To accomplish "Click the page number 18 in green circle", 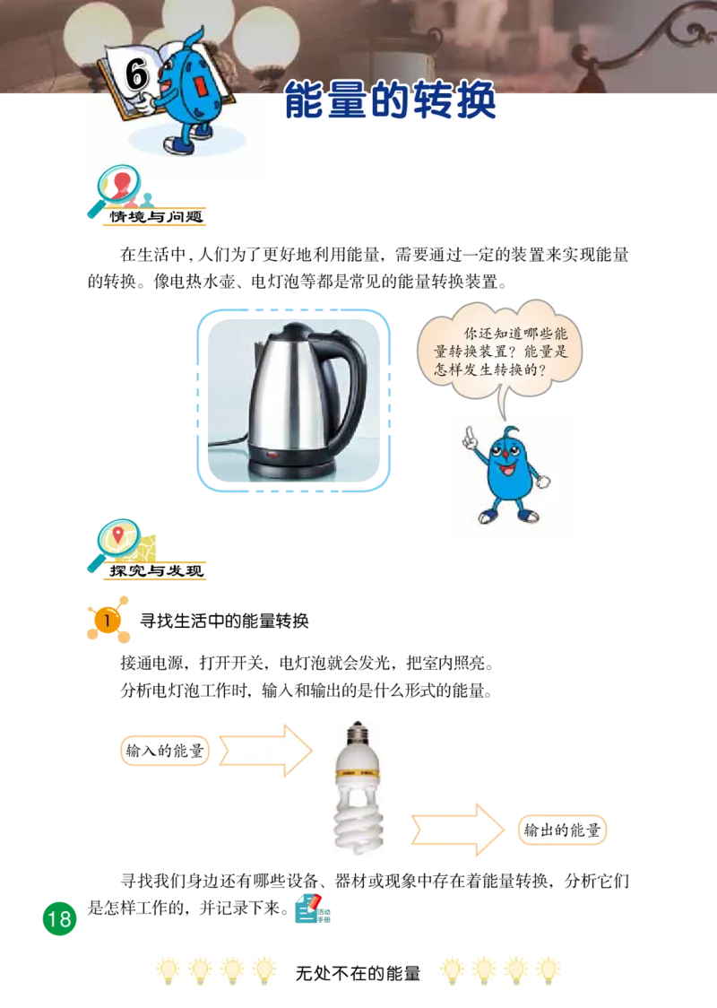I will tap(58, 918).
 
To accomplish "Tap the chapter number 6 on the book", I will tap(136, 76).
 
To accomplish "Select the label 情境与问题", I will tap(157, 218).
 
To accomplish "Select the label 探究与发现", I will tap(157, 570).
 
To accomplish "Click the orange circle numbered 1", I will tap(107, 620).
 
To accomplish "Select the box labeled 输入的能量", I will tap(164, 751).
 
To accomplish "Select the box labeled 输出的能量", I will tap(563, 830).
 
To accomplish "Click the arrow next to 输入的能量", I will tap(265, 749).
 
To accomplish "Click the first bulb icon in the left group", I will tap(168, 971).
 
